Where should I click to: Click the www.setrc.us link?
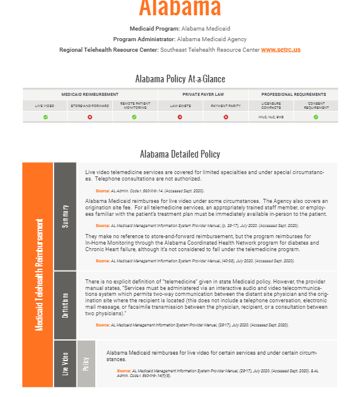coord(281,50)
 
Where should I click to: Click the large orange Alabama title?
coord(180,8)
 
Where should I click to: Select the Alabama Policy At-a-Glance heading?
coord(180,79)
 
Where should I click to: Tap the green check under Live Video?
coord(45,117)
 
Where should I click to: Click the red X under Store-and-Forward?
coord(90,117)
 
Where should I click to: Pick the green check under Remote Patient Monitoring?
coord(134,117)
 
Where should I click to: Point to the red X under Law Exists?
coord(180,117)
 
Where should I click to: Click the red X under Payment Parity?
coord(225,117)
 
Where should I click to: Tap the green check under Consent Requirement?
coord(316,117)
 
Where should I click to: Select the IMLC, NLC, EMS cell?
coord(271,117)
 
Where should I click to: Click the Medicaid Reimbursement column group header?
coord(90,94)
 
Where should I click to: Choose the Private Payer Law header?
coord(202,94)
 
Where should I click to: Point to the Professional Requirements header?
coord(294,94)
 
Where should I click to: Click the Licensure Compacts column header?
coord(271,106)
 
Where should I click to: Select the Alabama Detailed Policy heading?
coord(180,154)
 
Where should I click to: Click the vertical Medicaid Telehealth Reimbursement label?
coord(38,274)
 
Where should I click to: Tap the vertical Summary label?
coord(65,215)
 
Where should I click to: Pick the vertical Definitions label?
coord(65,305)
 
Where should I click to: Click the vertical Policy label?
coord(86,363)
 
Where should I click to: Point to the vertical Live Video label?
coord(65,363)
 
